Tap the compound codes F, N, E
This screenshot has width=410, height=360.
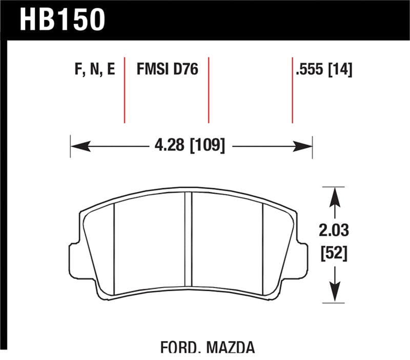coord(95,70)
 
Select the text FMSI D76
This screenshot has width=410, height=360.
coord(167,70)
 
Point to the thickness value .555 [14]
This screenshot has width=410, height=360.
coord(323,70)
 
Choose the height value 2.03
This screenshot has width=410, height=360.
coord(334,231)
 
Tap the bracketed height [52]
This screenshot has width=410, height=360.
coord(334,253)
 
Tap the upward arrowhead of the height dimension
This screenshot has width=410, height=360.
coord(334,195)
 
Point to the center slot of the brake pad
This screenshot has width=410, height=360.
coord(188,241)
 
